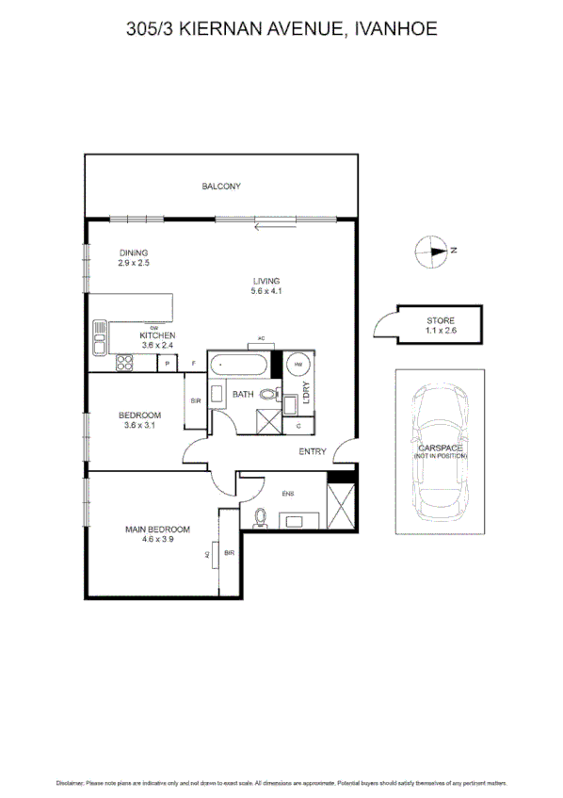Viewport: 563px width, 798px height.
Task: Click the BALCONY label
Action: pos(221,187)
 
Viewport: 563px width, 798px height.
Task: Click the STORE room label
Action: pos(440,321)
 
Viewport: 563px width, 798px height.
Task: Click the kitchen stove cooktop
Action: pos(125,363)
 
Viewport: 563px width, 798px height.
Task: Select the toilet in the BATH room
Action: pos(268,395)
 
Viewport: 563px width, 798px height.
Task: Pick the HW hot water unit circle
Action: pos(299,365)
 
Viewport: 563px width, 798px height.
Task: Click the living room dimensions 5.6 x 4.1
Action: pos(266,291)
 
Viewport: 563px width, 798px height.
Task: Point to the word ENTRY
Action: pos(313,452)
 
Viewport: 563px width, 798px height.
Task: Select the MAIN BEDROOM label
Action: pos(157,529)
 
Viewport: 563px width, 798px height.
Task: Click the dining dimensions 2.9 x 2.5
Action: pos(134,263)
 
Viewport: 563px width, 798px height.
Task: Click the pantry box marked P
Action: pos(168,364)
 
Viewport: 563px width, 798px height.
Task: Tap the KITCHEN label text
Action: pos(157,335)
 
